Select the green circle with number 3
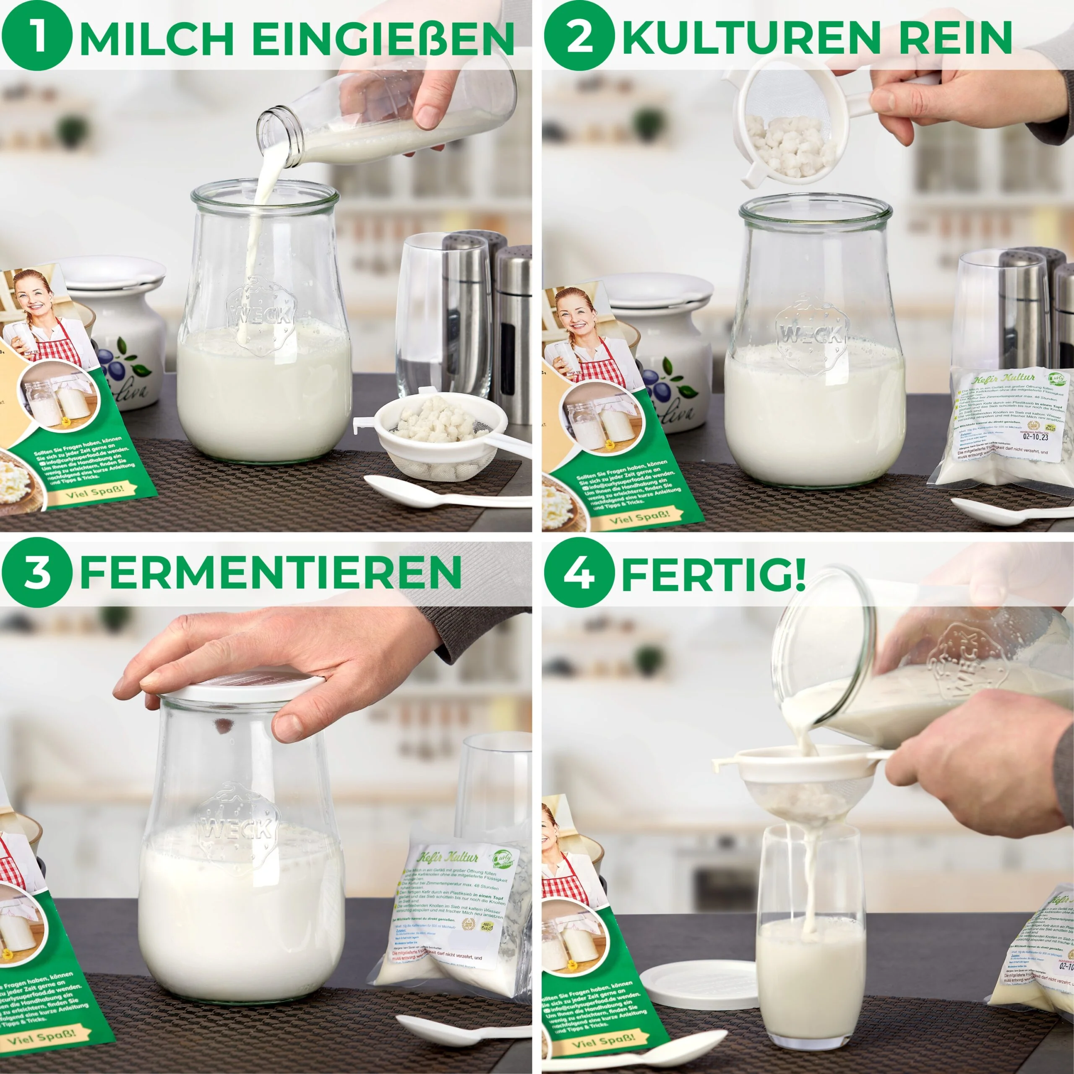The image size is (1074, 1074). [36, 573]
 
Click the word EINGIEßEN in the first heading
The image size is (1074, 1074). [383, 38]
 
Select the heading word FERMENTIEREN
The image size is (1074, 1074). [271, 573]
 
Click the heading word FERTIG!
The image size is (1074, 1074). [713, 573]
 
